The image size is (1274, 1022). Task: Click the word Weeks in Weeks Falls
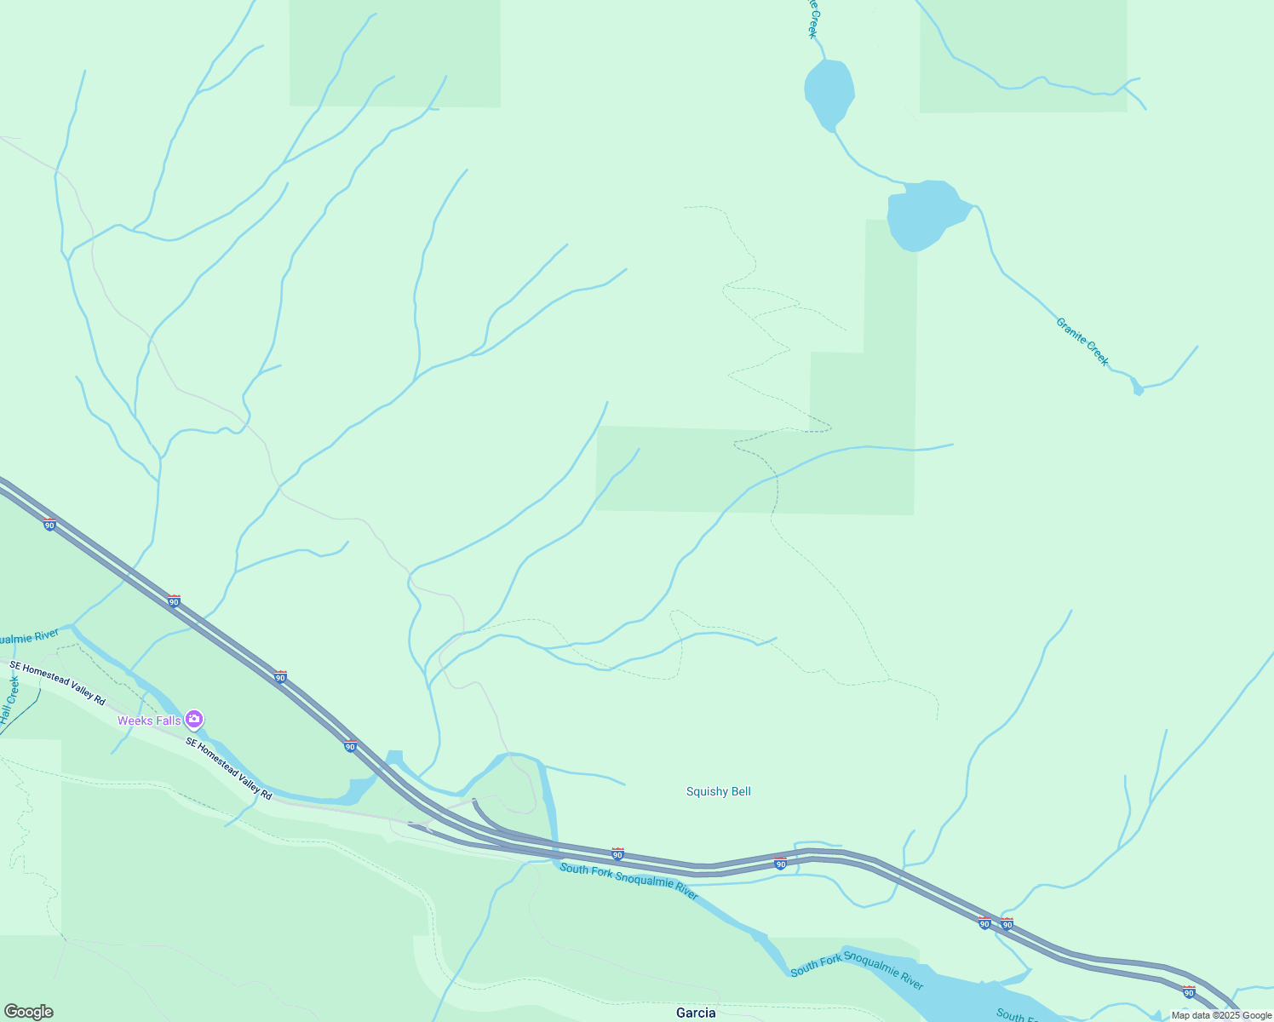(x=135, y=721)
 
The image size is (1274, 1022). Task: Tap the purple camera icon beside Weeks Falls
(x=194, y=720)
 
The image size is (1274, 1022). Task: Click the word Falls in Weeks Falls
(x=168, y=721)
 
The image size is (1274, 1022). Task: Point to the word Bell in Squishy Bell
(x=740, y=791)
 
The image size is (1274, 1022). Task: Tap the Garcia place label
(x=695, y=1013)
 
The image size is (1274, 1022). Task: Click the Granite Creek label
(x=1082, y=342)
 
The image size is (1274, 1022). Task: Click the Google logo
(x=28, y=1012)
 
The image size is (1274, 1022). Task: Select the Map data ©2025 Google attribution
(x=1221, y=1015)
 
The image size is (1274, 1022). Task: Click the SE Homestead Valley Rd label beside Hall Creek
(x=57, y=683)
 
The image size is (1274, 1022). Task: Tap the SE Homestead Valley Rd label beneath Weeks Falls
(x=229, y=768)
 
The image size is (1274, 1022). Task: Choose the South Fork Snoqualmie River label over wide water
(x=856, y=972)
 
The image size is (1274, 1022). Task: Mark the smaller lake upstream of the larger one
(x=829, y=92)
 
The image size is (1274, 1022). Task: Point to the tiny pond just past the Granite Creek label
(x=1137, y=389)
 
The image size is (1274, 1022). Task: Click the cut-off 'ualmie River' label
(x=29, y=637)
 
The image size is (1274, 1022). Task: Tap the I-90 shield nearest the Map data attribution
(x=1189, y=991)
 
